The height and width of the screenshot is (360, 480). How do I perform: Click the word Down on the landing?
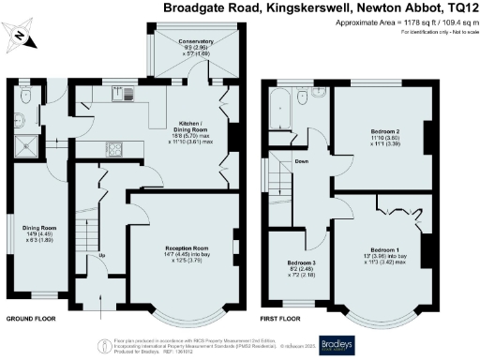tap(302, 161)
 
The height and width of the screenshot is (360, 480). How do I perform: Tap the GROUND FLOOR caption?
tap(31, 318)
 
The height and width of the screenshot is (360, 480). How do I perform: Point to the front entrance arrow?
tap(99, 302)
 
